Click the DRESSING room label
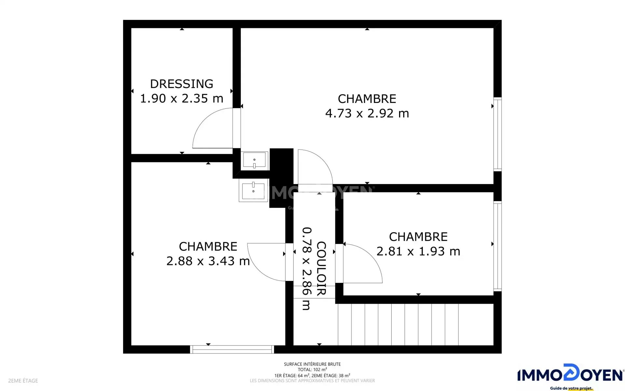coord(182,84)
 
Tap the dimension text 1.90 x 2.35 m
coord(182,98)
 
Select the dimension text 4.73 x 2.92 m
coord(367,113)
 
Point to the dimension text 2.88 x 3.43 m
coord(208,261)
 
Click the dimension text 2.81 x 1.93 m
coord(418,252)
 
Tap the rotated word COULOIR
coord(321,268)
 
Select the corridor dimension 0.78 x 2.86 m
coord(307,268)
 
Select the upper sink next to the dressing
coord(255,160)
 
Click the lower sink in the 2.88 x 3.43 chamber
coord(253,190)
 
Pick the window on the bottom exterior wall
coord(232,349)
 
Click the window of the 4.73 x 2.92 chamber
coord(497,134)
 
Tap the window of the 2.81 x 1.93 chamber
coord(497,246)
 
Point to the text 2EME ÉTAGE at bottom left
coord(23,381)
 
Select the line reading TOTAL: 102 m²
coord(312,369)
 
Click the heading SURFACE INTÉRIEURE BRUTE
coord(312,364)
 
